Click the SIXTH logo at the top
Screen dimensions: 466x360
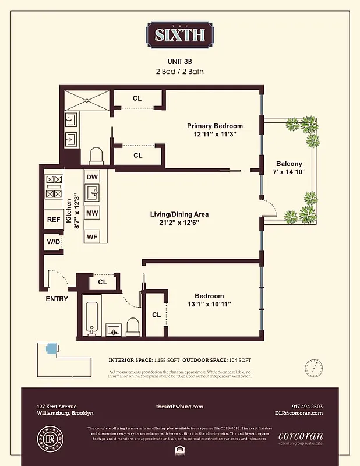(x=179, y=34)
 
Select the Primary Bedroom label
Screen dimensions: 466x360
(x=214, y=126)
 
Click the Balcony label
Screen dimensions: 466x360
(x=289, y=164)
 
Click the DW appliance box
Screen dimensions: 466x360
(x=91, y=177)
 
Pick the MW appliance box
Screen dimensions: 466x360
(x=91, y=213)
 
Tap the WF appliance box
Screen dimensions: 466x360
(x=91, y=236)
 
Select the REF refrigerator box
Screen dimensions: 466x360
(x=54, y=220)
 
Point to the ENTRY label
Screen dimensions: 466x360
(x=57, y=299)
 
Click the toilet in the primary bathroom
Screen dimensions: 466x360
(x=96, y=156)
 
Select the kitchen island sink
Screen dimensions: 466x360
(x=92, y=193)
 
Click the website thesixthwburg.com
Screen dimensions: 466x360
(x=179, y=407)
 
